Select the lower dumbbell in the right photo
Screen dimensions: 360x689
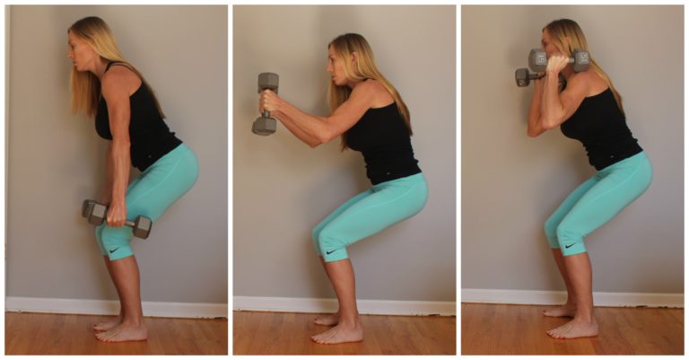coord(524,77)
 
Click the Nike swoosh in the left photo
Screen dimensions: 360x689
coord(115,249)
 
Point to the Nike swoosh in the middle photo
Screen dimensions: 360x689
coord(333,252)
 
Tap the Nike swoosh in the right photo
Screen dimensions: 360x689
coord(565,244)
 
